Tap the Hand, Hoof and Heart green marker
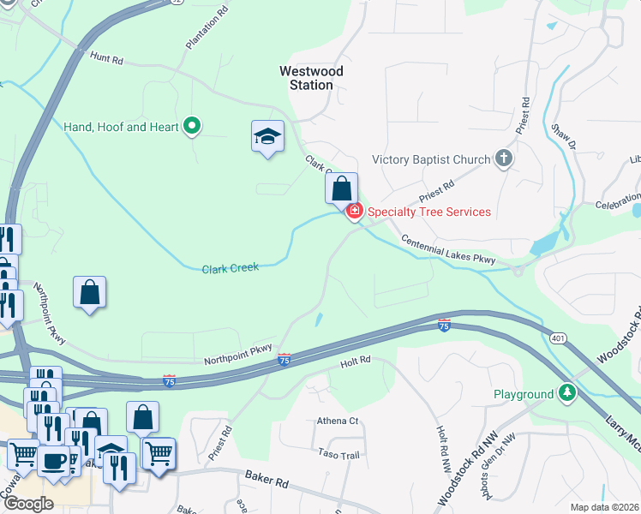click(x=192, y=127)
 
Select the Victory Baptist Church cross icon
click(x=504, y=158)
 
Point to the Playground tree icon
click(x=566, y=394)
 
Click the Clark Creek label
click(x=230, y=268)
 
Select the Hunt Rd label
click(x=106, y=58)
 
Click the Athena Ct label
click(x=337, y=421)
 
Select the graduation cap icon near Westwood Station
click(x=267, y=135)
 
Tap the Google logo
click(x=28, y=504)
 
